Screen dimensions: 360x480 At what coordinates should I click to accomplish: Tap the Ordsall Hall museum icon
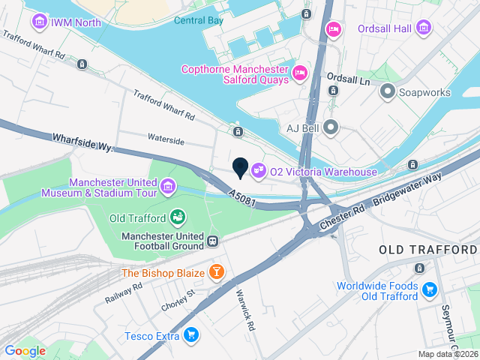tap(424, 28)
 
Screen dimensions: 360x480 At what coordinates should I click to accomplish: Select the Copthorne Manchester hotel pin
tap(300, 73)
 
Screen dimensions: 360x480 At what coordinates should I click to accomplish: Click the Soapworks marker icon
tap(388, 92)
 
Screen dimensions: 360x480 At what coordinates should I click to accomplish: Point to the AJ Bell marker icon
tap(331, 127)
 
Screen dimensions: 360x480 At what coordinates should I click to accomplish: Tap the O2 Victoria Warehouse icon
tap(259, 172)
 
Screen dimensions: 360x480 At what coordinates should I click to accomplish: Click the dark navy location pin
tap(240, 168)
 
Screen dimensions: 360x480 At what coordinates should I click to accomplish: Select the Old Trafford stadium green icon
tap(178, 217)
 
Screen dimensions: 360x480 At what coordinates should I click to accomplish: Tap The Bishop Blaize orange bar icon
tap(217, 271)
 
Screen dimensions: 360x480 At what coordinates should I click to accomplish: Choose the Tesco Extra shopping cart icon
tap(191, 335)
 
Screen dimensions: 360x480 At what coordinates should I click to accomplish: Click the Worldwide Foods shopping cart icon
tap(430, 289)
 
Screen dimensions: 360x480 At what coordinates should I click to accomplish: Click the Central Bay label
tap(198, 20)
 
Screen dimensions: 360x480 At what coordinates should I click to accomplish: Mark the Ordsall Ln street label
tap(349, 77)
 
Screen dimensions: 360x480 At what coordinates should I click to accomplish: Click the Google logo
tap(25, 350)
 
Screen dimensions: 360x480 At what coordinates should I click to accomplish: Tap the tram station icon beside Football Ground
tap(214, 241)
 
